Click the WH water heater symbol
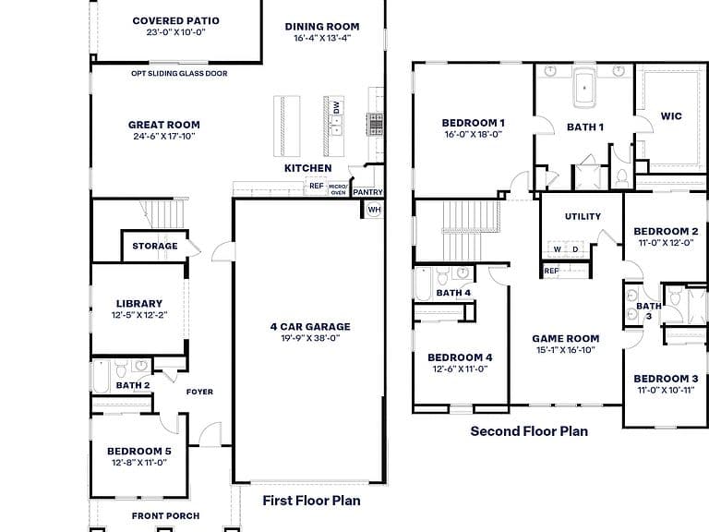click(x=374, y=210)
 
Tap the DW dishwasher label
click(x=336, y=108)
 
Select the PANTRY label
click(x=367, y=192)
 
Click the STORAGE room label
click(x=155, y=246)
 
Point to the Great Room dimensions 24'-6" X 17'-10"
click(x=163, y=136)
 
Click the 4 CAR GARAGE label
click(x=310, y=327)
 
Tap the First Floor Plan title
click(x=311, y=501)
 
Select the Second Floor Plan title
click(x=529, y=431)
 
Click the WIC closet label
click(x=671, y=116)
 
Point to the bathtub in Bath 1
click(x=584, y=88)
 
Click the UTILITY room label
click(x=583, y=217)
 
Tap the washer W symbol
click(x=558, y=249)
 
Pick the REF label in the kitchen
click(x=316, y=186)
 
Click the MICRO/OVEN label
click(x=338, y=189)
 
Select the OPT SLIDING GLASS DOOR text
click(x=179, y=73)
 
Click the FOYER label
click(x=199, y=392)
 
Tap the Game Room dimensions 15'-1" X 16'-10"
click(x=566, y=350)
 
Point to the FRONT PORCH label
click(x=165, y=515)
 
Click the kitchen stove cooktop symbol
click(x=375, y=124)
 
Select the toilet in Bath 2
click(x=121, y=369)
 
